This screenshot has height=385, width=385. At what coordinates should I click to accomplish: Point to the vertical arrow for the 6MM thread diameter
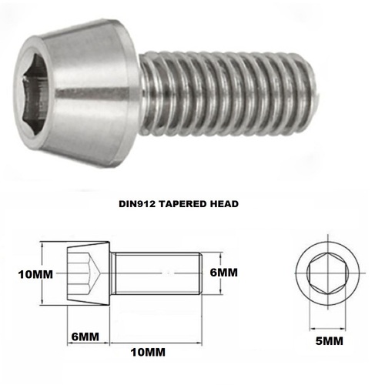[207, 272]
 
